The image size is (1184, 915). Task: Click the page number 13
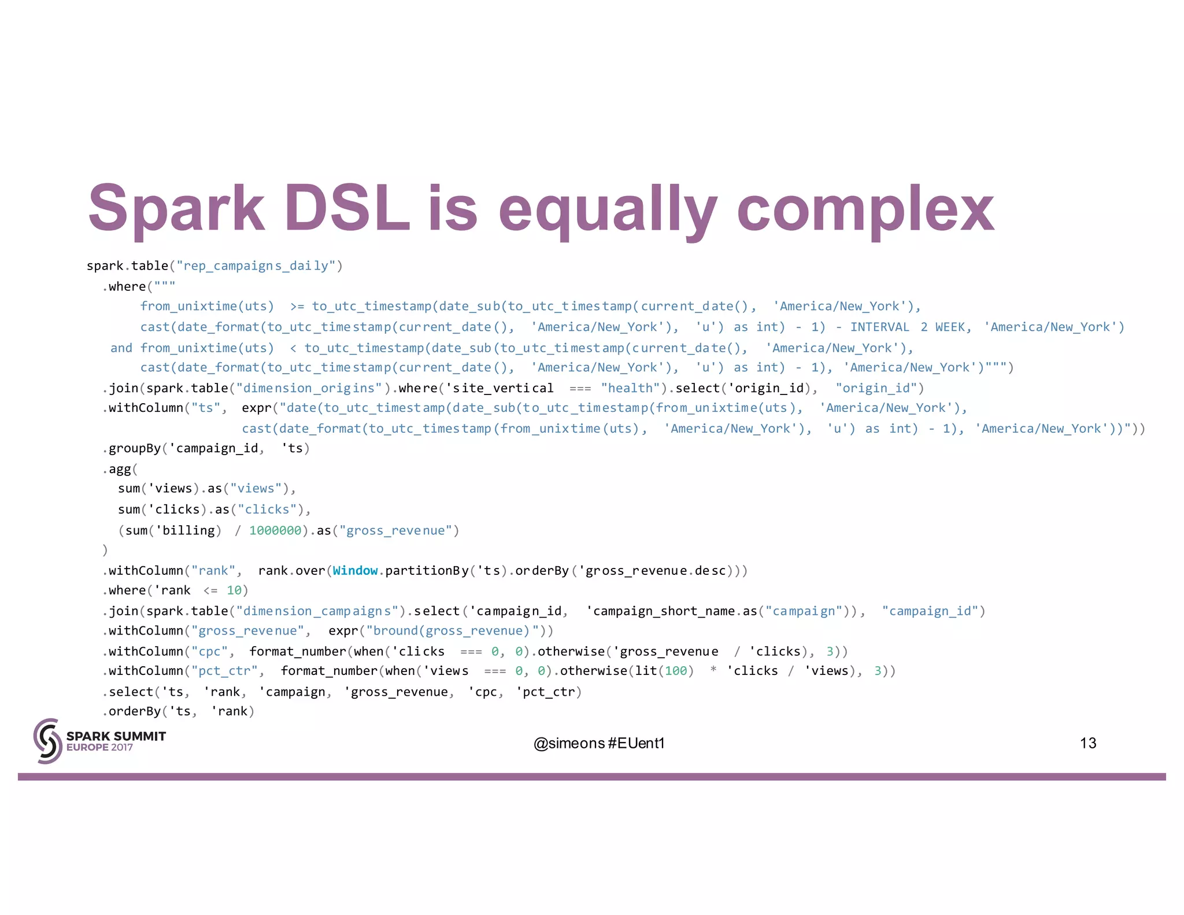click(1087, 743)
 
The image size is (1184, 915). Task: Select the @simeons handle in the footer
click(569, 743)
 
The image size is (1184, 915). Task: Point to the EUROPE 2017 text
click(99, 747)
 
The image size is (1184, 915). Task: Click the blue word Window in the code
click(355, 571)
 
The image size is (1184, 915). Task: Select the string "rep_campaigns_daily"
click(256, 266)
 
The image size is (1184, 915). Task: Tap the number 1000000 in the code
click(275, 530)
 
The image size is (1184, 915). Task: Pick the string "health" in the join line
click(634, 388)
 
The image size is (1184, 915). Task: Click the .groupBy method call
click(134, 448)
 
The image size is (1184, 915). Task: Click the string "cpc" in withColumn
click(209, 652)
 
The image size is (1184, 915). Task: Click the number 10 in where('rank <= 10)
click(234, 591)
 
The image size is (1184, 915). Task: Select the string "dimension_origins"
click(309, 388)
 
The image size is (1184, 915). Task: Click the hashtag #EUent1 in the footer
click(637, 743)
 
